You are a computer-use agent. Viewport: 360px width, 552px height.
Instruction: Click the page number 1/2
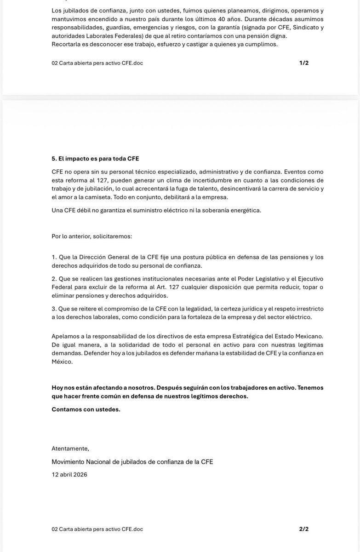coord(303,63)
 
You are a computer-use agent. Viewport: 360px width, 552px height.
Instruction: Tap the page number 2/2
coord(303,529)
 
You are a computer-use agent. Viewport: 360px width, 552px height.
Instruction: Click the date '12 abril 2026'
coord(69,474)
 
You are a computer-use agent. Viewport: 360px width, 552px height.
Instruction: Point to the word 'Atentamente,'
coord(70,448)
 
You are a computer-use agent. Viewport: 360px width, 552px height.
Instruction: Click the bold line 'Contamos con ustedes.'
coord(86,409)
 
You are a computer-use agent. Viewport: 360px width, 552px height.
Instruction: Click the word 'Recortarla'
coord(66,44)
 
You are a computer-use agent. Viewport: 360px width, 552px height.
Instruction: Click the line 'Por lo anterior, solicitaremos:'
coord(92,236)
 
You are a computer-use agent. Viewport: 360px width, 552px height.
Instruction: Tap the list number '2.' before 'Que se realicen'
coord(54,279)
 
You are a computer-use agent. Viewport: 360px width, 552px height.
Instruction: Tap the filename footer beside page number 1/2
coord(97,63)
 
